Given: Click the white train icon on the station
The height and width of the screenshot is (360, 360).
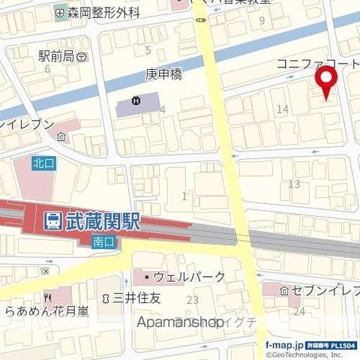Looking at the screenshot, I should pos(52,220).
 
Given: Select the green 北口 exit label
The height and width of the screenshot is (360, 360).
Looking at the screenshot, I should pos(41,162).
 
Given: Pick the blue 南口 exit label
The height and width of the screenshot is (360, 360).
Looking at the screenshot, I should pos(103,241).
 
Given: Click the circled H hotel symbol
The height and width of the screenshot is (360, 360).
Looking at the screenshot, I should pos(136,101).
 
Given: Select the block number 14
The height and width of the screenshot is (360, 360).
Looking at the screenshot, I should pos(283,109).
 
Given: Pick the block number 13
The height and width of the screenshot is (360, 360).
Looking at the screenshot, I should pos(294,184).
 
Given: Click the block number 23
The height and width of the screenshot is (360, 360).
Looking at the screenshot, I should pos(192,300).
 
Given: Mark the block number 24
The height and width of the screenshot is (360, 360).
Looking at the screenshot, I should pos(299,311).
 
